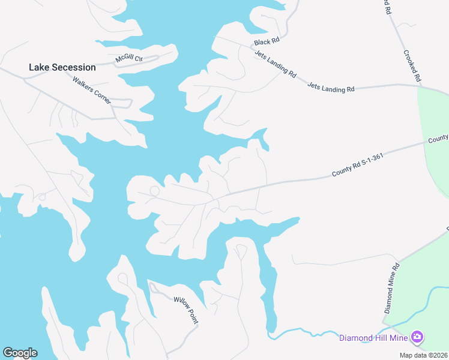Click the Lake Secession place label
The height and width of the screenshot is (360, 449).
point(62,67)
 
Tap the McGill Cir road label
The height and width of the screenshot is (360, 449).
point(128,59)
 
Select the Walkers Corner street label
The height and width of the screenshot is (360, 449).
point(92,90)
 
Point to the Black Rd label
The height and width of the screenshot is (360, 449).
point(267,42)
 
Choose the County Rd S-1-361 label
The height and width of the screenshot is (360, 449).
point(357,166)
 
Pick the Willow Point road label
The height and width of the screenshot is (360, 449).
point(185,310)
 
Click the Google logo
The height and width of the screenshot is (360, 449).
point(20,353)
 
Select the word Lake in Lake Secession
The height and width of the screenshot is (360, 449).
point(39,67)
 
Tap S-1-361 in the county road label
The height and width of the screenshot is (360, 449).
point(370,161)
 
